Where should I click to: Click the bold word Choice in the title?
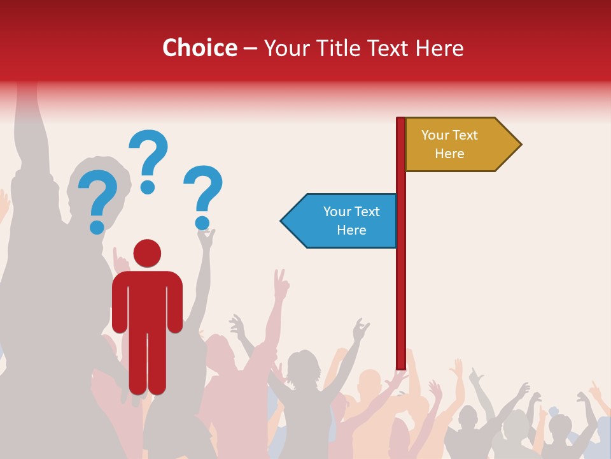(x=200, y=48)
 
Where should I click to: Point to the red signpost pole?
(x=401, y=287)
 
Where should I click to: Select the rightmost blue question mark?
(x=204, y=191)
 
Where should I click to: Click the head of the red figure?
(x=147, y=253)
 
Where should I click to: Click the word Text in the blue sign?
(x=367, y=212)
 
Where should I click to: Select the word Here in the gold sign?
(x=449, y=154)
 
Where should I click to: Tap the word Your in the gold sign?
(x=435, y=135)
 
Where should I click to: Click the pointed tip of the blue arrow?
(x=283, y=221)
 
